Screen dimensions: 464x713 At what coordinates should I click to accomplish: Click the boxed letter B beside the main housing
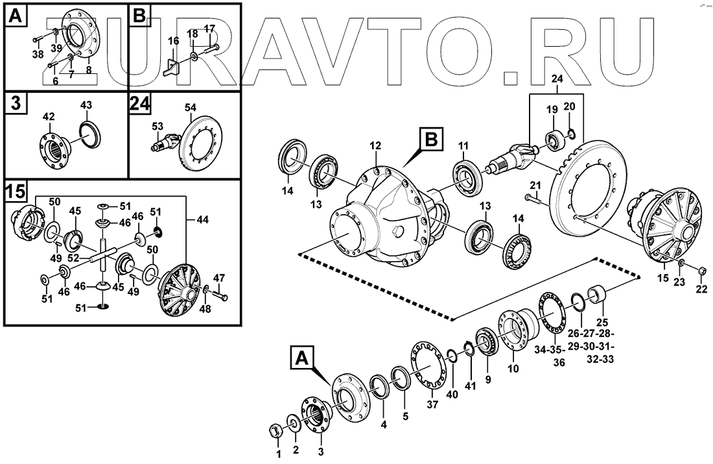432,139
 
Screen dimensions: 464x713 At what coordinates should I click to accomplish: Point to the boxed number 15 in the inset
16,191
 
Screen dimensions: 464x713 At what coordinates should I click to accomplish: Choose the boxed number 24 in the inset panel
139,104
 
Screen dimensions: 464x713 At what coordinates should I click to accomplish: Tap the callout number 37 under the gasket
432,405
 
